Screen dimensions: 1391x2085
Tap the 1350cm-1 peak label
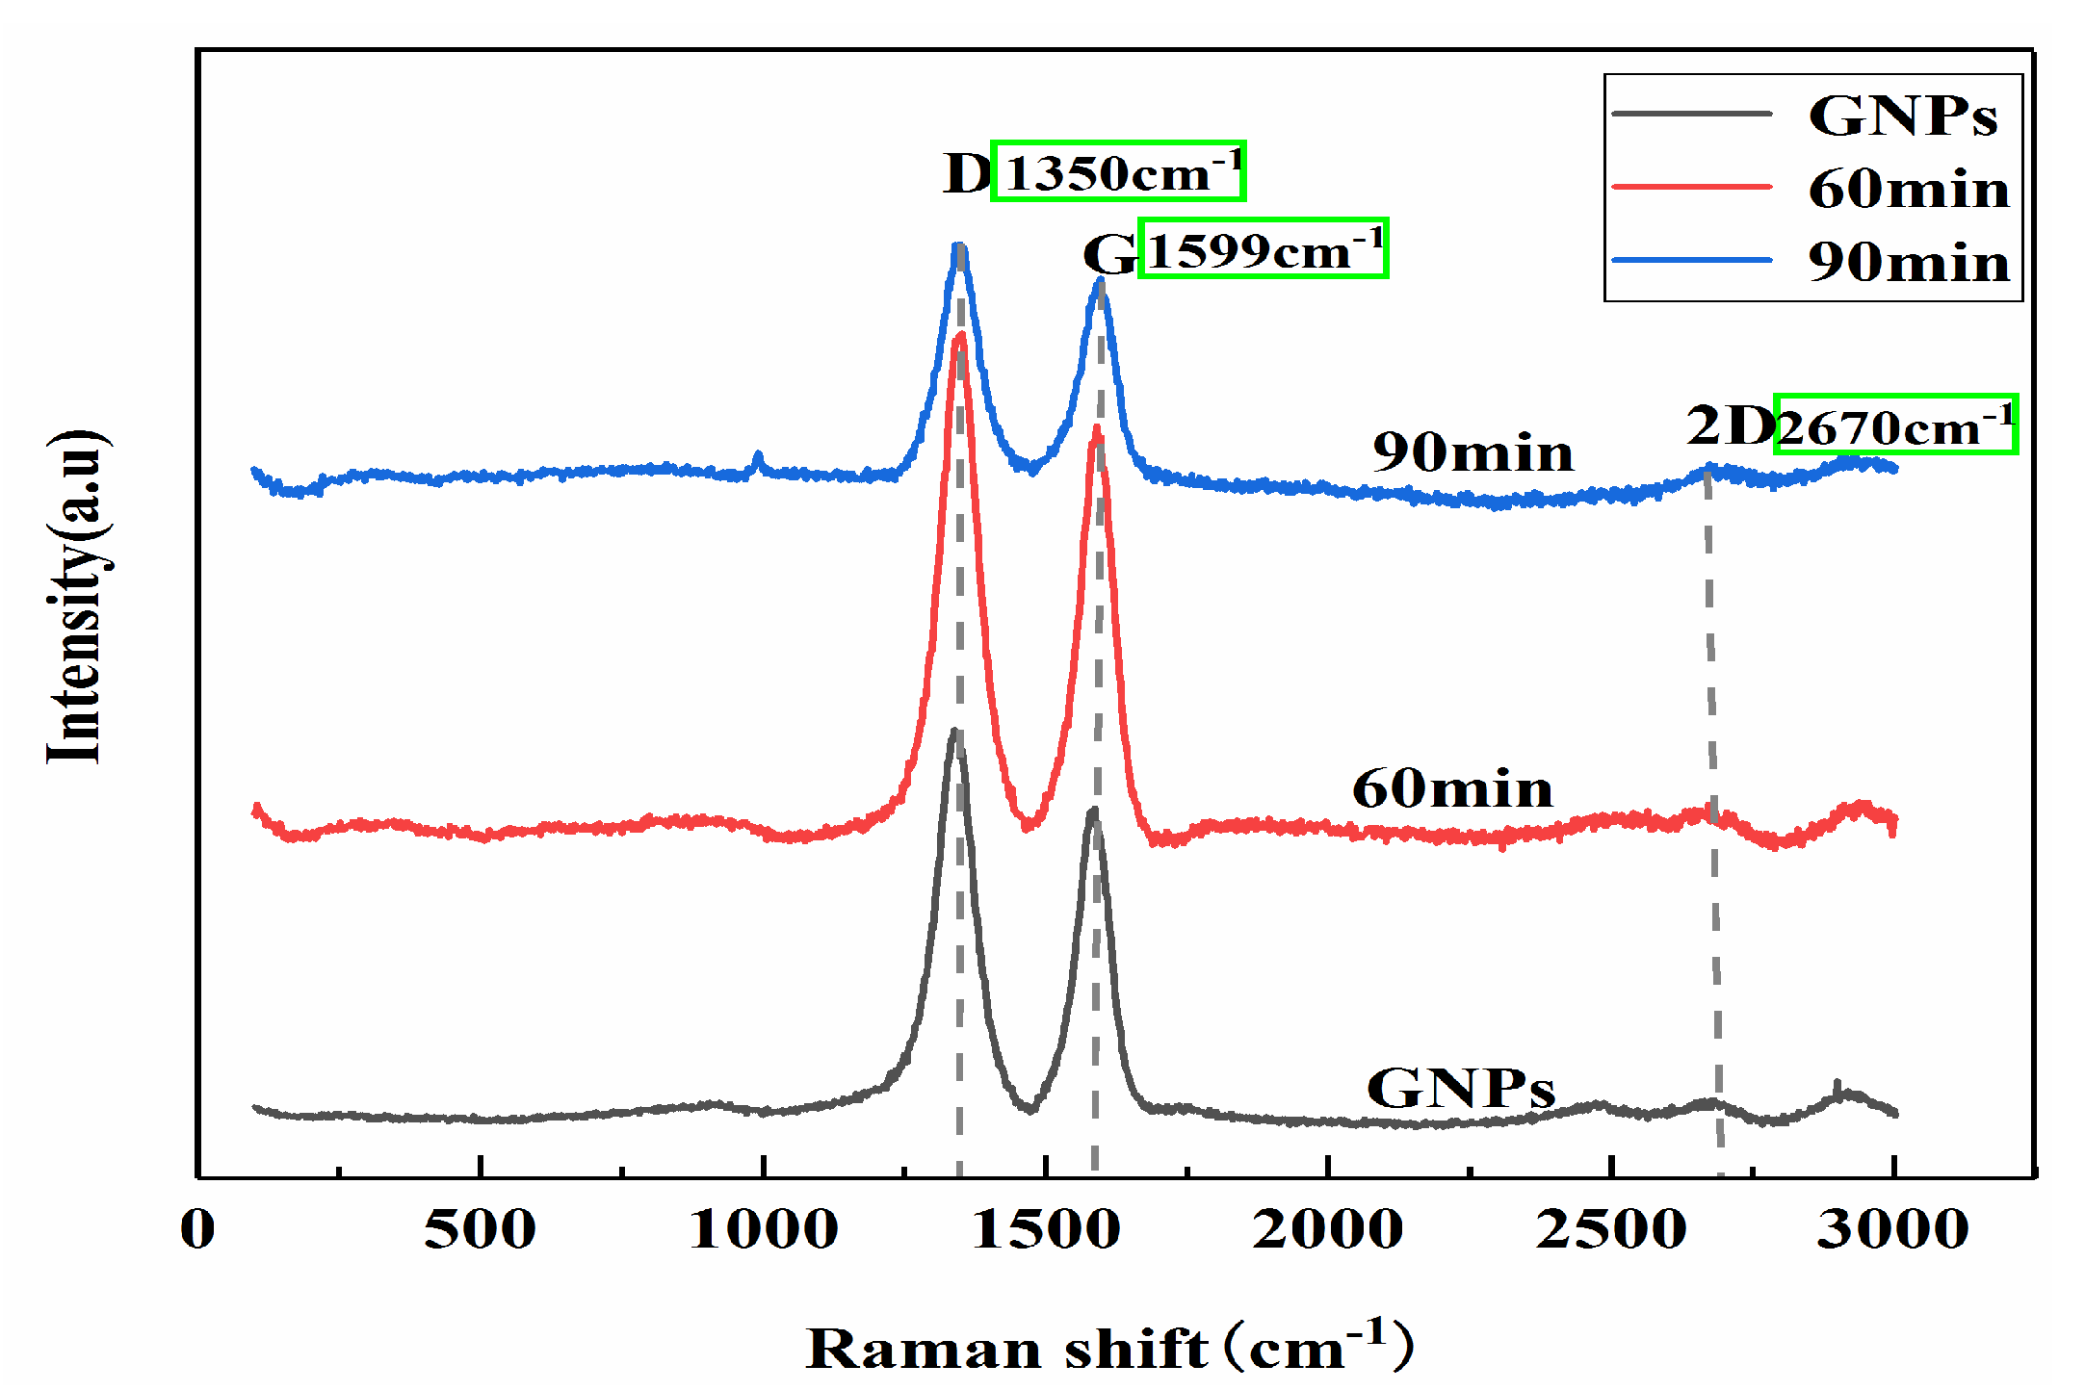tap(1118, 171)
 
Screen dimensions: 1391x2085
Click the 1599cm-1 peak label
tap(1263, 248)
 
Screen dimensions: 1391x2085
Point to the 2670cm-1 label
tap(1894, 425)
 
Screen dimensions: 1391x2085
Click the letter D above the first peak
tap(966, 174)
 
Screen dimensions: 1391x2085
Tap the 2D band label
tap(1730, 425)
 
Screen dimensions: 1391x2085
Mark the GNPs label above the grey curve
tap(1460, 1089)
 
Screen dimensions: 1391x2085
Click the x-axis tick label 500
tap(480, 1229)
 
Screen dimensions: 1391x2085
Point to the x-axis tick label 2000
tap(1328, 1229)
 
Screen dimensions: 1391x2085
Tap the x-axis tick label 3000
tap(1893, 1229)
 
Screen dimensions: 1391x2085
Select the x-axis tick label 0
tap(198, 1229)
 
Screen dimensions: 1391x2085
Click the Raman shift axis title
tap(1108, 1347)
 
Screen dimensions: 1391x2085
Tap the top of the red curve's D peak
tap(959, 336)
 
